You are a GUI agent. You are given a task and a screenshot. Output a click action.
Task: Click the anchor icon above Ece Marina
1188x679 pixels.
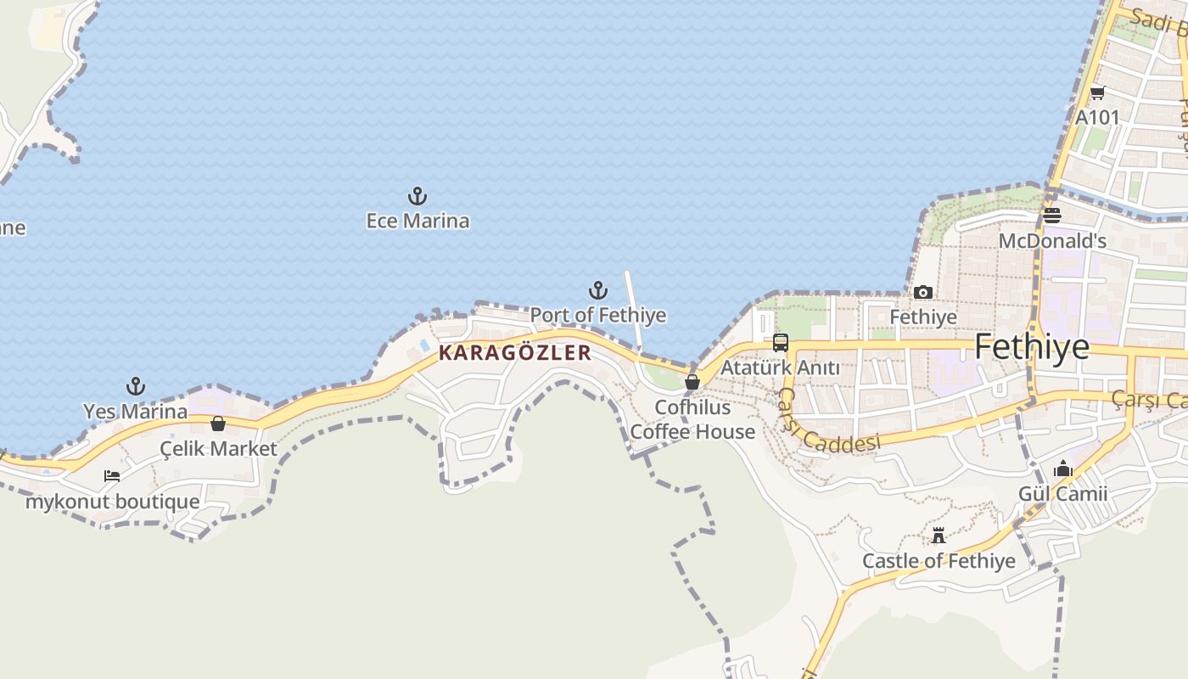pyautogui.click(x=417, y=197)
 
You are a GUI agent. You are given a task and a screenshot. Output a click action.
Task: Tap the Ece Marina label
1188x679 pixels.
pyautogui.click(x=417, y=222)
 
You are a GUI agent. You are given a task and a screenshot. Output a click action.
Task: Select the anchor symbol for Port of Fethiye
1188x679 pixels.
pyautogui.click(x=598, y=291)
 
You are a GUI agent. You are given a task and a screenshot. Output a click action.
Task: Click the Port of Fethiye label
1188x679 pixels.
pyautogui.click(x=598, y=316)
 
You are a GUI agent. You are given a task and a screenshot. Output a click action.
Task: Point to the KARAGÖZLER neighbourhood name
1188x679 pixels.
pyautogui.click(x=515, y=353)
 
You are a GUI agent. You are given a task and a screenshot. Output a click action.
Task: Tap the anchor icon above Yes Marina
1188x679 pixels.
pyautogui.click(x=136, y=387)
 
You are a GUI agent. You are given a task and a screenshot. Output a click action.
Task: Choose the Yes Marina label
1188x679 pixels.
pyautogui.click(x=136, y=412)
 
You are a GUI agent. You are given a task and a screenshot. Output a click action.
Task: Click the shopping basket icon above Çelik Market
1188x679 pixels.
pyautogui.click(x=218, y=424)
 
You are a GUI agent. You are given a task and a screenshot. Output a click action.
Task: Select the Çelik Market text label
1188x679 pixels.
pyautogui.click(x=219, y=449)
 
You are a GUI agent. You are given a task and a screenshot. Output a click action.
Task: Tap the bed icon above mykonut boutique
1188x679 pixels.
pyautogui.click(x=112, y=476)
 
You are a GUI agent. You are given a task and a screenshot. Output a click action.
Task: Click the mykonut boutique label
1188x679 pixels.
pyautogui.click(x=113, y=502)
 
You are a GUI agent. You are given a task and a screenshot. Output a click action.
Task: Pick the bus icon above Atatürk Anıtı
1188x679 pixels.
pyautogui.click(x=781, y=343)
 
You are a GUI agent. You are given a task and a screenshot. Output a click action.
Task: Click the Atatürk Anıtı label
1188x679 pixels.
pyautogui.click(x=780, y=368)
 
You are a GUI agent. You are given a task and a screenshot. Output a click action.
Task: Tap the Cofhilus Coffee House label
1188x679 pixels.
pyautogui.click(x=692, y=420)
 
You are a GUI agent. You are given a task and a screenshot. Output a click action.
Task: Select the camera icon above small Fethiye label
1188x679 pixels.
pyautogui.click(x=923, y=293)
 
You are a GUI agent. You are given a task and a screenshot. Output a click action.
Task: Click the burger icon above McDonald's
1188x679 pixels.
pyautogui.click(x=1052, y=216)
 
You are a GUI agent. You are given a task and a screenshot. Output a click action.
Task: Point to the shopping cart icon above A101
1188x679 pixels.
pyautogui.click(x=1097, y=93)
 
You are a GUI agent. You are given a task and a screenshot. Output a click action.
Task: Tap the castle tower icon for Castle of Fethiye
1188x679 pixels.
pyautogui.click(x=939, y=536)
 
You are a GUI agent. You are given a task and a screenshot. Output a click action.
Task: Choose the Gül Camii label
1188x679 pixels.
pyautogui.click(x=1063, y=494)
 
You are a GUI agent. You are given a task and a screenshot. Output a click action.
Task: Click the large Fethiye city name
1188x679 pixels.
pyautogui.click(x=1032, y=347)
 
